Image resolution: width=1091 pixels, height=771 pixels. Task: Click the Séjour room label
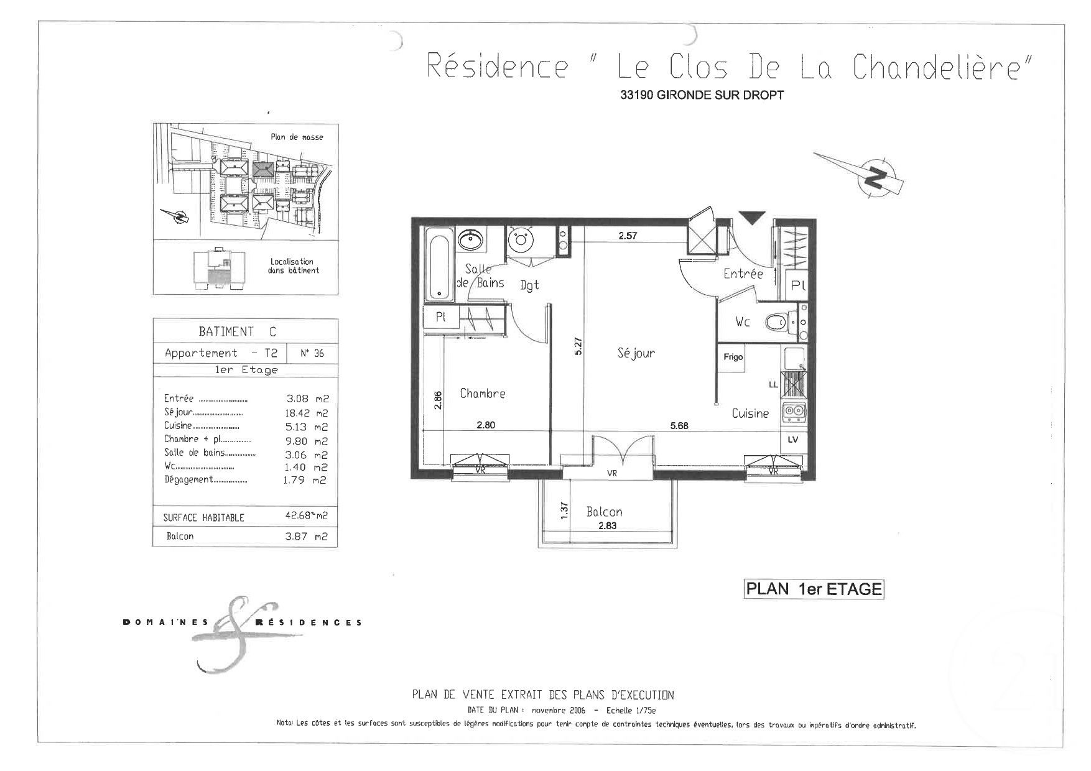(636, 353)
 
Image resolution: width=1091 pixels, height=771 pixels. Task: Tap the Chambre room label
(482, 394)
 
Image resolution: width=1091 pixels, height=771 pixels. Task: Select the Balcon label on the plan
(604, 512)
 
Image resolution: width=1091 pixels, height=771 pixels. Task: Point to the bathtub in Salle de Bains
(440, 263)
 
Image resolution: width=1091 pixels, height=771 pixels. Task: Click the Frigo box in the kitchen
(733, 358)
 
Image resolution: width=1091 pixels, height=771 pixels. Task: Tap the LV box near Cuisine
(792, 439)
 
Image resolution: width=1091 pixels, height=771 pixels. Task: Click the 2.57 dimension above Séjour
(629, 236)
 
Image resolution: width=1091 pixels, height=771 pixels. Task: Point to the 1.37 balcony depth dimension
(565, 510)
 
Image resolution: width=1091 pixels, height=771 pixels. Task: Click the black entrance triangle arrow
(751, 218)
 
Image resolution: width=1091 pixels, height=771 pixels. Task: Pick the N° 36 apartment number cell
(312, 353)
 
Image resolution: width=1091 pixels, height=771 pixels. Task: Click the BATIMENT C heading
(238, 331)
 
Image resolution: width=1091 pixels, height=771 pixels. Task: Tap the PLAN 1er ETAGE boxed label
(814, 589)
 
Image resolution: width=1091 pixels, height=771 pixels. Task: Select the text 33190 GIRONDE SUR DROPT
(702, 96)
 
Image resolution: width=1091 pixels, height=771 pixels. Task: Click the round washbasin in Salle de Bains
(471, 239)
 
